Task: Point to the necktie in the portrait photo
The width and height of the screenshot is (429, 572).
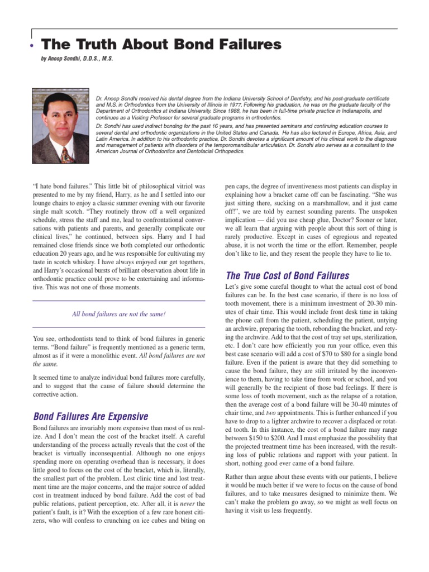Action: pos(65,153)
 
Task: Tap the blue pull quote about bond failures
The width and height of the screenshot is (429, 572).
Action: pos(118,313)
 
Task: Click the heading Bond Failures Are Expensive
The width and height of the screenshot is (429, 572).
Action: pos(90,416)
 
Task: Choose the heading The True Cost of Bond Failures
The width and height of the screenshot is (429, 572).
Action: pos(287,275)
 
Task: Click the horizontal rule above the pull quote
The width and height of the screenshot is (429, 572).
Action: pos(118,301)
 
